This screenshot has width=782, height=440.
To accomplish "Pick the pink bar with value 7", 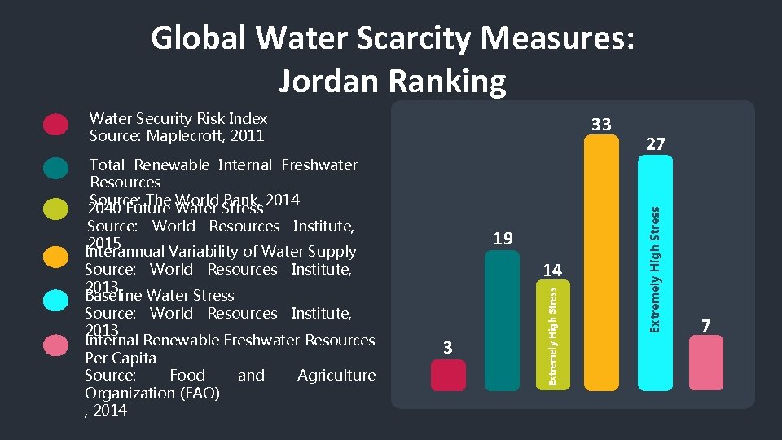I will click(x=705, y=363).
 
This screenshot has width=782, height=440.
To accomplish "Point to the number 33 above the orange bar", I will click(x=601, y=125).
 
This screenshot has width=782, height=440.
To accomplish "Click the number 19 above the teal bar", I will click(x=503, y=239).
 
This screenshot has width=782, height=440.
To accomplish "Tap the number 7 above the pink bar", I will click(x=706, y=326).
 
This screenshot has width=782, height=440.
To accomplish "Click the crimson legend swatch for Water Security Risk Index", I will click(x=55, y=124).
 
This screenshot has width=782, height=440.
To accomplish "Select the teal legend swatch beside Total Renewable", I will click(x=55, y=167).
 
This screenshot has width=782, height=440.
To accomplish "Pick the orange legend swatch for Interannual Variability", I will click(x=55, y=257).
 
